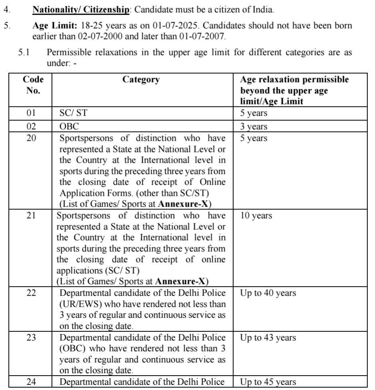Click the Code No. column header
[33, 85]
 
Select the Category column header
[141, 79]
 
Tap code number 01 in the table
[31, 113]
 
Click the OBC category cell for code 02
[69, 127]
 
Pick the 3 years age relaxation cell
[254, 127]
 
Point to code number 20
[31, 138]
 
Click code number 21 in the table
[31, 216]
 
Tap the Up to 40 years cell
[268, 293]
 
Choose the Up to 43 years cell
[268, 338]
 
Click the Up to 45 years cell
[268, 382]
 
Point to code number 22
[31, 293]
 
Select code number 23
[31, 338]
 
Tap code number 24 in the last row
[31, 382]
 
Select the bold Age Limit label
[55, 26]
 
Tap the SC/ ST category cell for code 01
[73, 113]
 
